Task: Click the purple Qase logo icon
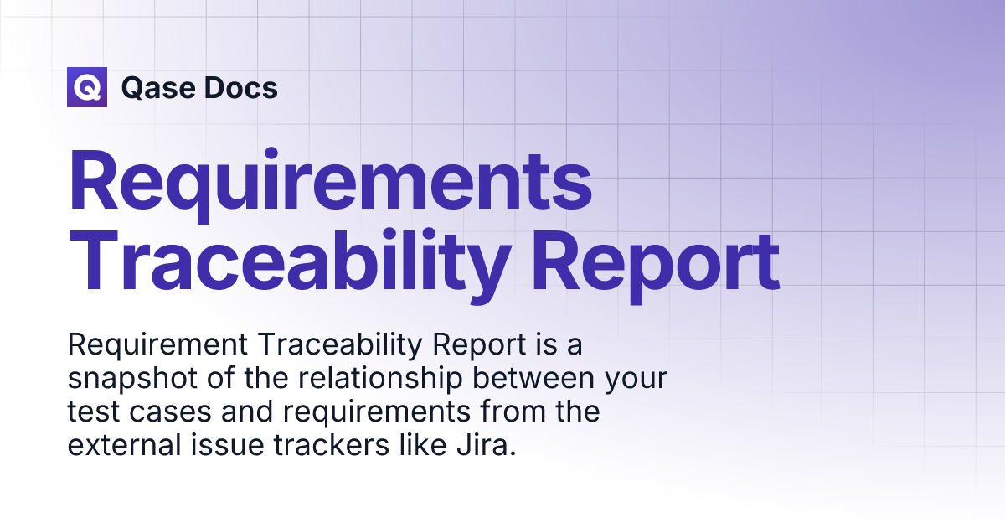[x=87, y=87]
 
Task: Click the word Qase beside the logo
[x=157, y=88]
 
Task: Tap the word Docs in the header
[x=241, y=87]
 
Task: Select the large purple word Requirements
[x=331, y=184]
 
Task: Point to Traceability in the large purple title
[x=290, y=265]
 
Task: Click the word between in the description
[x=533, y=378]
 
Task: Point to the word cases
[x=170, y=412]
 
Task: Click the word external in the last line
[x=124, y=445]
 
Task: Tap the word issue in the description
[x=227, y=445]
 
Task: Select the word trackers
[x=331, y=445]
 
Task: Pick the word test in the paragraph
[x=93, y=412]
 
